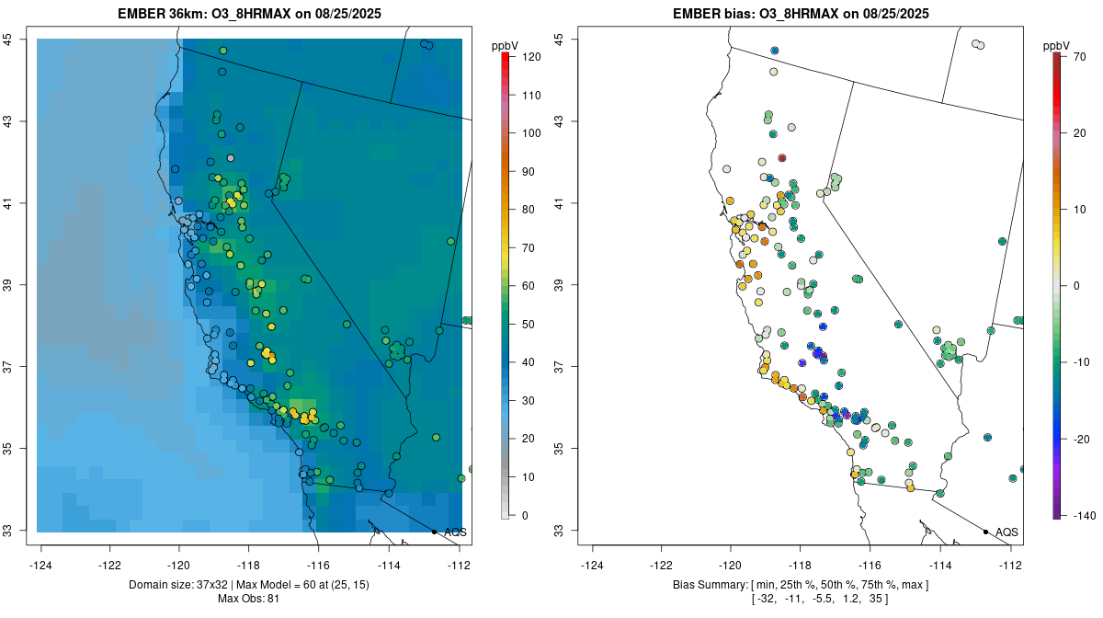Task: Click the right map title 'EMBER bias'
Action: pyautogui.click(x=711, y=14)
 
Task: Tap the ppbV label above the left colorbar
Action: pyautogui.click(x=505, y=45)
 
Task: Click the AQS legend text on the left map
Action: pyautogui.click(x=455, y=532)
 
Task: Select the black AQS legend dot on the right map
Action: pyautogui.click(x=985, y=532)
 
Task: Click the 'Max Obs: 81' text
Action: pyautogui.click(x=248, y=599)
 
